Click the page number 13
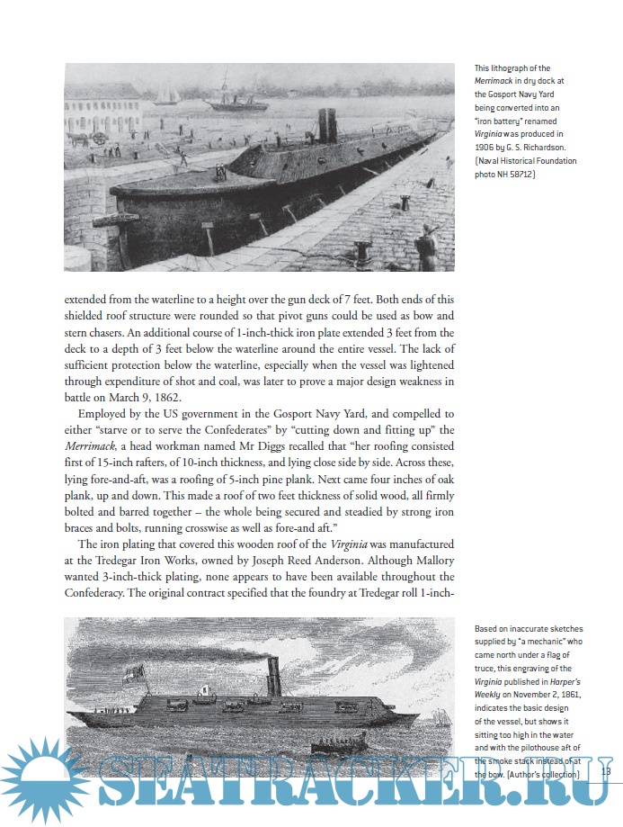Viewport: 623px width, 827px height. pos(605,771)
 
